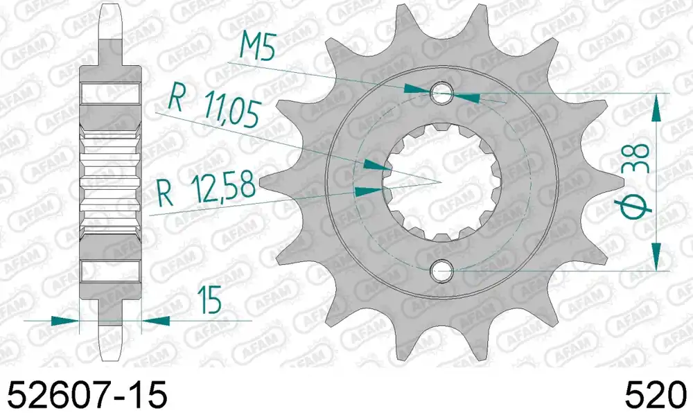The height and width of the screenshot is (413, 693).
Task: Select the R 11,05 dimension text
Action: tap(213, 108)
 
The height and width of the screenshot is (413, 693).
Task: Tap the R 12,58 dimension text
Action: tap(207, 189)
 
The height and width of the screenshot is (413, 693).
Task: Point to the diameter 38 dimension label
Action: tap(633, 181)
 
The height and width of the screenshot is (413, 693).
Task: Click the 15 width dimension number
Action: tap(209, 300)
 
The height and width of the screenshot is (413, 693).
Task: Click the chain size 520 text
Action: tap(656, 394)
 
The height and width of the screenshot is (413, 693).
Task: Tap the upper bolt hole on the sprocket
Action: tap(441, 93)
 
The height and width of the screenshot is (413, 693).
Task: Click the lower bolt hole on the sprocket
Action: tap(441, 270)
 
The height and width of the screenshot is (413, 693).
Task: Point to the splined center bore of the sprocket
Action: tap(441, 182)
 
